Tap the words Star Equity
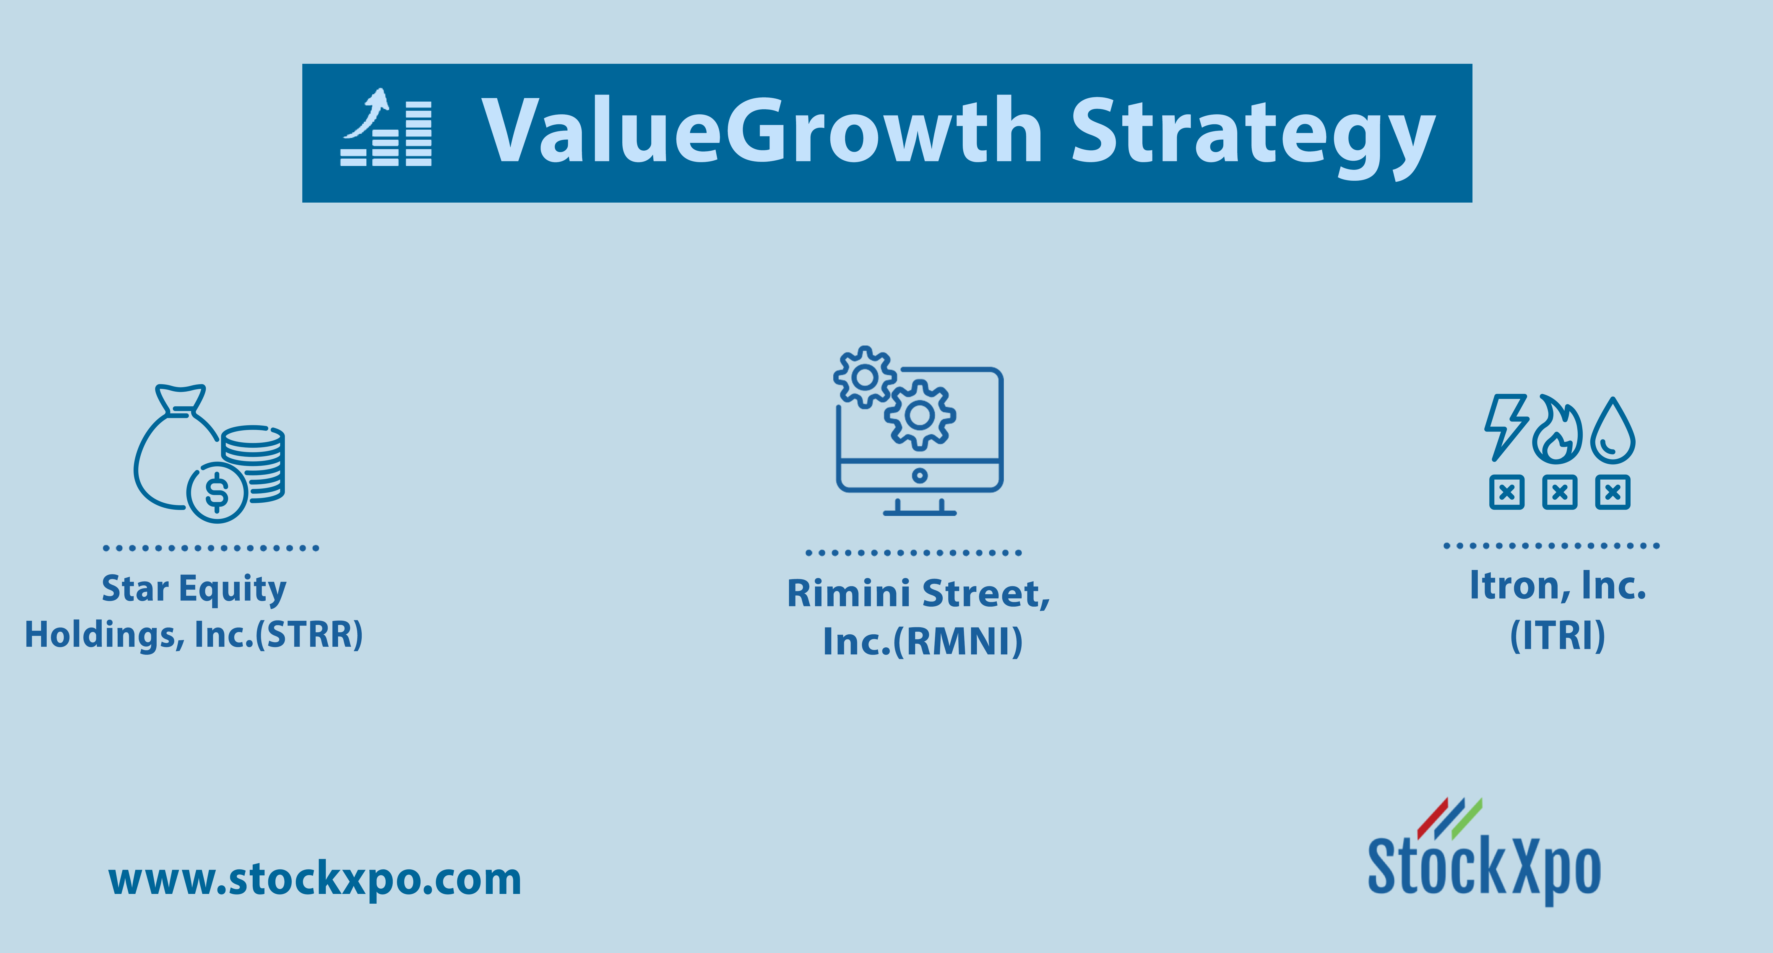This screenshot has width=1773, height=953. [x=194, y=590]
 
